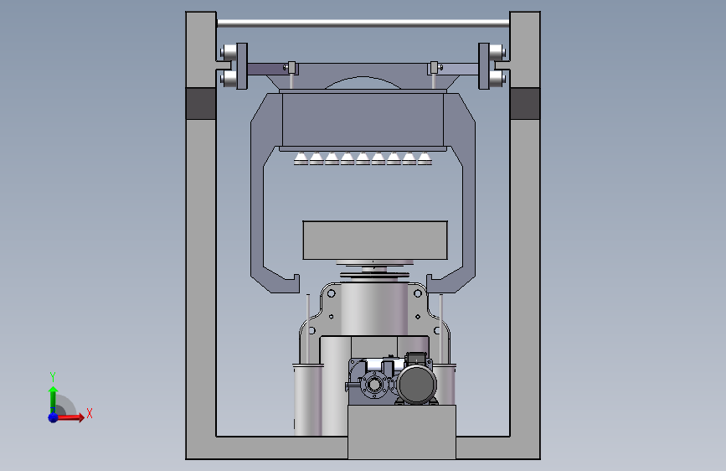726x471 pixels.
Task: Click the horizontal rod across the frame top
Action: [x=363, y=23]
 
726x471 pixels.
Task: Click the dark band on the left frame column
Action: [x=201, y=103]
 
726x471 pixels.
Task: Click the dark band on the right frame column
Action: [x=524, y=103]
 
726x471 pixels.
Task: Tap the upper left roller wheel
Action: [x=229, y=51]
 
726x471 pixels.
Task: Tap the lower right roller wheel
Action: [x=497, y=78]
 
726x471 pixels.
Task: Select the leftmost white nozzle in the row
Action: [x=301, y=158]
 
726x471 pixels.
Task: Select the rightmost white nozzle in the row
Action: [x=425, y=158]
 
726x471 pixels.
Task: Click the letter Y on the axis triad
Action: [x=53, y=377]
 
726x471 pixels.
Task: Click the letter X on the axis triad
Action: [x=90, y=413]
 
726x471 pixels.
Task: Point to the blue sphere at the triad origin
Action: [x=54, y=417]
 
